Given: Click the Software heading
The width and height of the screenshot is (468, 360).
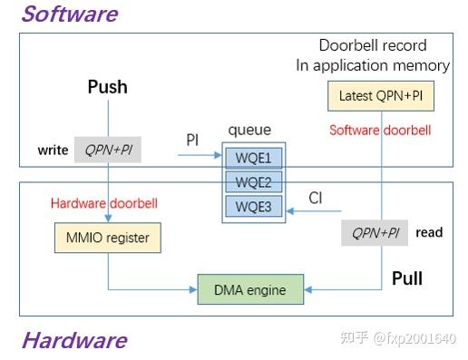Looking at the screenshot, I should (x=69, y=15).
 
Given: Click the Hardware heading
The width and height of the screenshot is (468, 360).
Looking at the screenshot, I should (x=73, y=340).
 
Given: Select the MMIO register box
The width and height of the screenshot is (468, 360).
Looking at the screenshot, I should (x=108, y=238).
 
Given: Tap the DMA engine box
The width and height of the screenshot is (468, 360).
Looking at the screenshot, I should (x=249, y=290).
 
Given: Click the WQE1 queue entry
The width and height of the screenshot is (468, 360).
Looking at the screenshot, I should (x=253, y=158).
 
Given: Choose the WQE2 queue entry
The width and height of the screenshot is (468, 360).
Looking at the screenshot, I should (x=253, y=181).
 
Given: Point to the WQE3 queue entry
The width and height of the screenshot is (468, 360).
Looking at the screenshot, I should (x=253, y=205).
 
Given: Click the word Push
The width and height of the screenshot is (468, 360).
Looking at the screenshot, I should (x=107, y=87).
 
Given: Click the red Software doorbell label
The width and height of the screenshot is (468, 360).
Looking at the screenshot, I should (x=379, y=130).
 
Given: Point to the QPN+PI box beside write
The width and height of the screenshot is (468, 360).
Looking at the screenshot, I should (x=108, y=150).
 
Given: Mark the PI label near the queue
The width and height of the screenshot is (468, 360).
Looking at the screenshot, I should (x=192, y=140).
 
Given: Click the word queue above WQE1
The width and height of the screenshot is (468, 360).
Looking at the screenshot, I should (x=249, y=130).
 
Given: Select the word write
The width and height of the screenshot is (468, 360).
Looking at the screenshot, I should (x=53, y=150).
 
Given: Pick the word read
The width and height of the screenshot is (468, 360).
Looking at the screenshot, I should (x=429, y=233).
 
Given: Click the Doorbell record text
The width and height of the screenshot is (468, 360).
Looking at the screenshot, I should (x=372, y=45).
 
